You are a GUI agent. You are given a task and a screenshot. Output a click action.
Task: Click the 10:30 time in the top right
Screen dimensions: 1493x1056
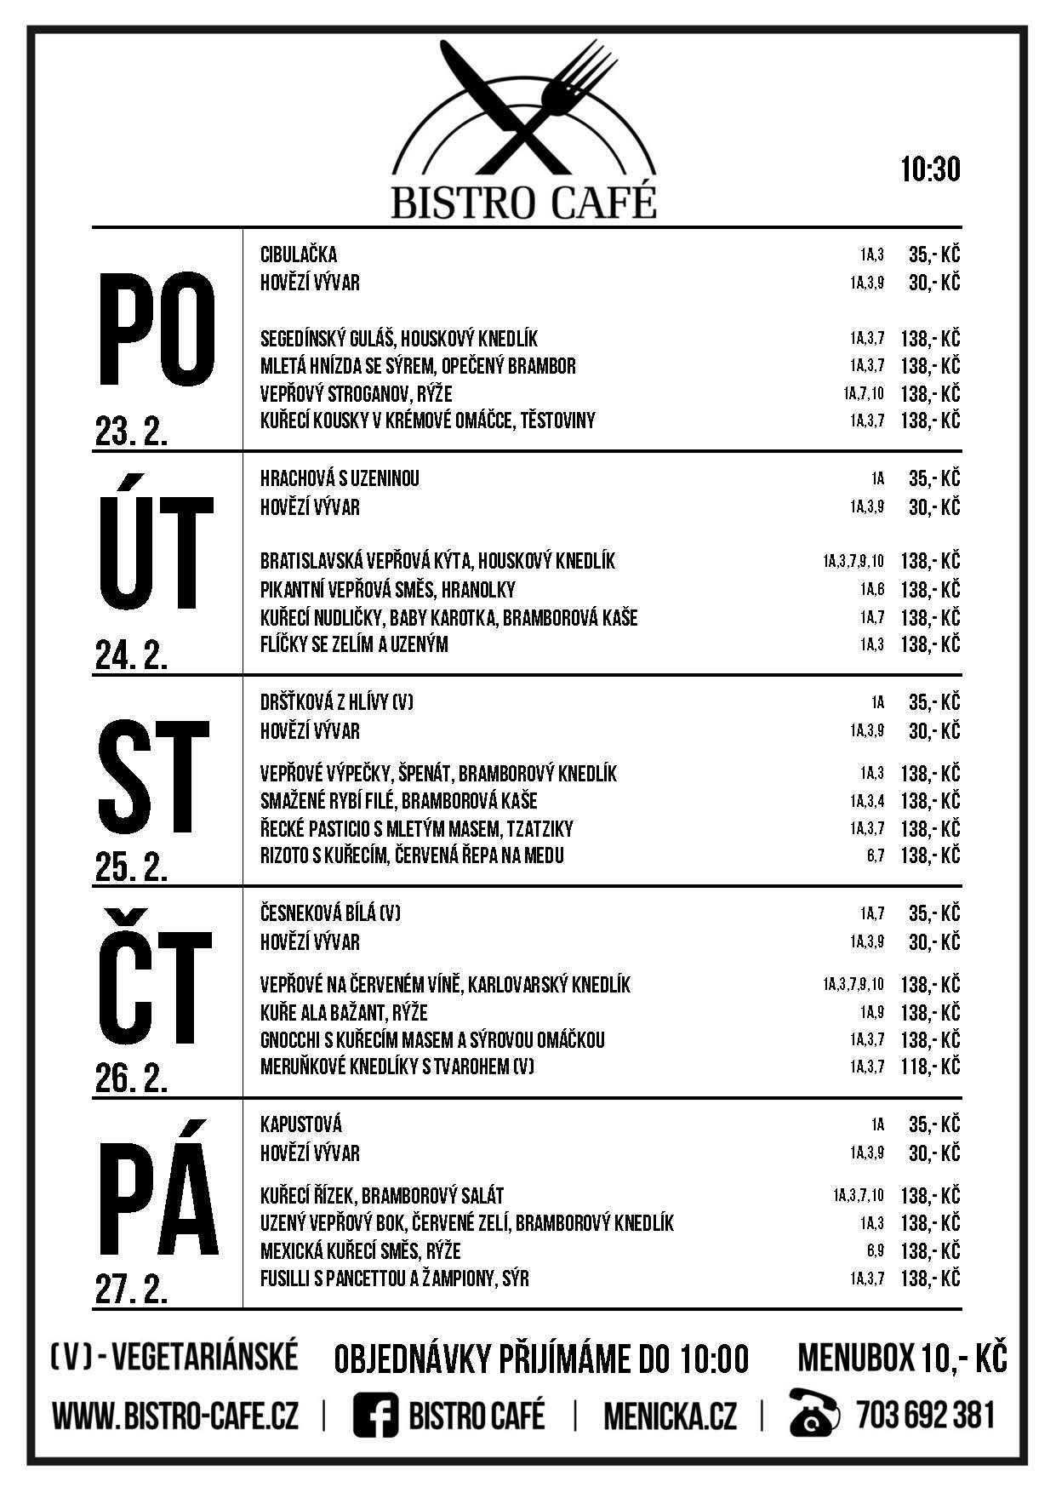(x=930, y=169)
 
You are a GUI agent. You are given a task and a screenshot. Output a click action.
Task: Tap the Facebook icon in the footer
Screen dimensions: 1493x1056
(x=375, y=1416)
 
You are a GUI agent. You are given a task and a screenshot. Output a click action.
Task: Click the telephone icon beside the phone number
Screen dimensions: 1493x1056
(x=814, y=1416)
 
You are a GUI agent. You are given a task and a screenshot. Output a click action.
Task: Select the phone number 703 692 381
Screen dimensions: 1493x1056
(x=926, y=1416)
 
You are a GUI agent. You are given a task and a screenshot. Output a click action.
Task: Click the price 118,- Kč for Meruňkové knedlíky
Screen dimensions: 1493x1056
(x=930, y=1067)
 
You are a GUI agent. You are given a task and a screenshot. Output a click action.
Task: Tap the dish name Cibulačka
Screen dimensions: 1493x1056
(x=299, y=255)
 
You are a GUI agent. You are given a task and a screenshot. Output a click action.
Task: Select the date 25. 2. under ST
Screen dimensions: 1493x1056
(x=132, y=867)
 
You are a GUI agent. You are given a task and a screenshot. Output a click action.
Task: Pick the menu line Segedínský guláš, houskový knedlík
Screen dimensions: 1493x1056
(x=399, y=339)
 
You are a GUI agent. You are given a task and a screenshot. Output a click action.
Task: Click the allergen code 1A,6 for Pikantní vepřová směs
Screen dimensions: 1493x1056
(x=871, y=590)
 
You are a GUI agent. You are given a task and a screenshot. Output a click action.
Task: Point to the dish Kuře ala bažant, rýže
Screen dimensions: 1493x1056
(x=344, y=1013)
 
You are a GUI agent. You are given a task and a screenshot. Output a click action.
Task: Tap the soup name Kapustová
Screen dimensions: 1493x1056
(x=301, y=1124)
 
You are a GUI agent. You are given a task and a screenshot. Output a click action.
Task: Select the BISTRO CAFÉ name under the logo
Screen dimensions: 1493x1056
(x=524, y=203)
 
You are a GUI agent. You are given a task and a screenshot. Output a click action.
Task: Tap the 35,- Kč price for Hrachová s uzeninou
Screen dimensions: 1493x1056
(x=933, y=478)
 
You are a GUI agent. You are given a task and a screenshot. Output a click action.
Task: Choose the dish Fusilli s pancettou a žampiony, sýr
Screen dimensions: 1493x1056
(x=395, y=1278)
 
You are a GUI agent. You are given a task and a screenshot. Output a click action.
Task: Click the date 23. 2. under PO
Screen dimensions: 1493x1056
(x=132, y=433)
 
